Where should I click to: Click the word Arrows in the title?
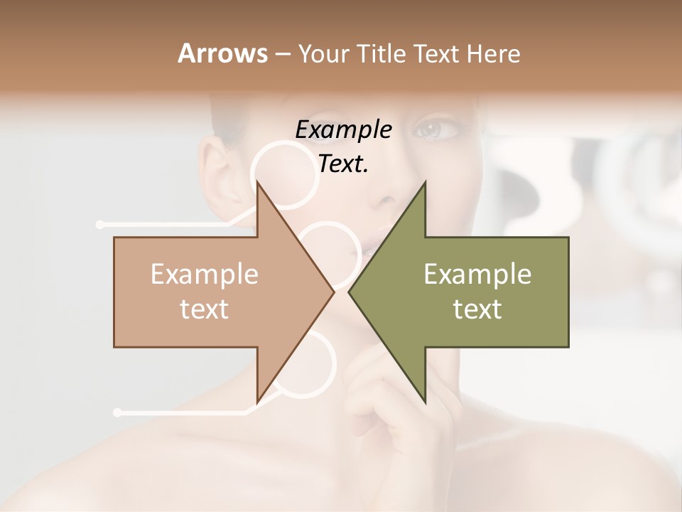coord(222,53)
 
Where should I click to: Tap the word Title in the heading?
coord(382,54)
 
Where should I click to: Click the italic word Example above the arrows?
coord(343,130)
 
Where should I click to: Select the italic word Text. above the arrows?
coord(343,164)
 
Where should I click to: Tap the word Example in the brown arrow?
coord(205,274)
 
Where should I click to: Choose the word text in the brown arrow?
coord(205,309)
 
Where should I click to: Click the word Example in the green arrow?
coord(477,274)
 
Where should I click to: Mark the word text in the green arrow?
coord(477,309)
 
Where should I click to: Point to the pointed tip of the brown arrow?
coord(332,292)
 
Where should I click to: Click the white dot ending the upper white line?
coord(100,225)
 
